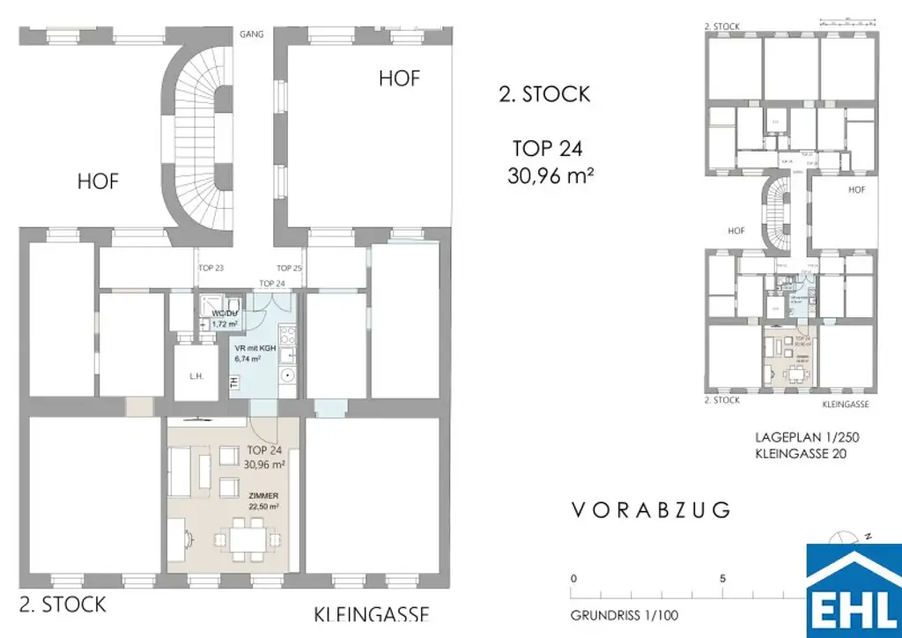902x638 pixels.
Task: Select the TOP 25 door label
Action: pyautogui.click(x=290, y=268)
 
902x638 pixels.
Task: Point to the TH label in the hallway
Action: pyautogui.click(x=234, y=382)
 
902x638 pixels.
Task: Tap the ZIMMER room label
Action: pyautogui.click(x=262, y=496)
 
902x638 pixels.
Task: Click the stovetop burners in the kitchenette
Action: pyautogui.click(x=288, y=334)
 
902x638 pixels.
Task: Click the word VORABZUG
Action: pyautogui.click(x=651, y=509)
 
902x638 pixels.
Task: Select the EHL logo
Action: pyautogui.click(x=854, y=590)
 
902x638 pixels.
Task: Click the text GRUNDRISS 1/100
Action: pyautogui.click(x=625, y=616)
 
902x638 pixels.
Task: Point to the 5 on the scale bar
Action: pyautogui.click(x=722, y=579)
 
